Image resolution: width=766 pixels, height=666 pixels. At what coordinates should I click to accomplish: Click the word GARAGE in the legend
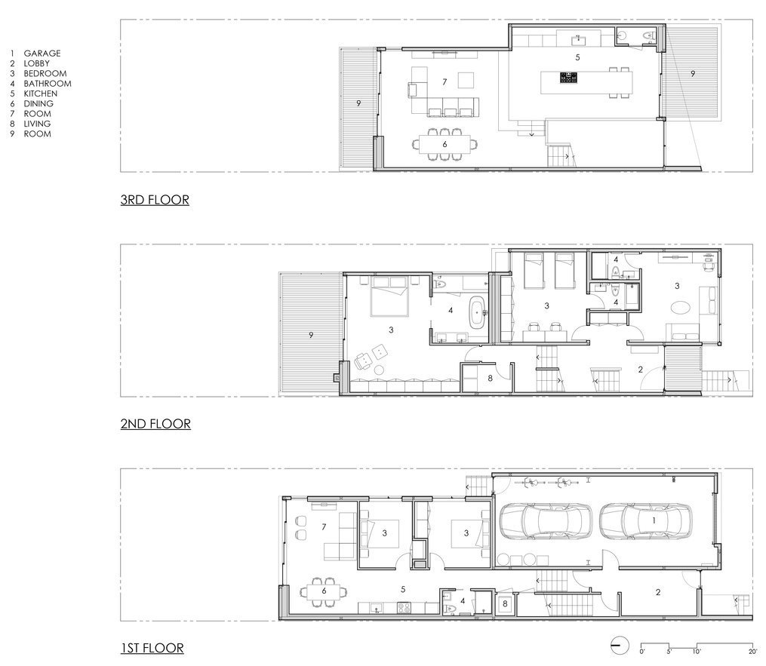click(42, 54)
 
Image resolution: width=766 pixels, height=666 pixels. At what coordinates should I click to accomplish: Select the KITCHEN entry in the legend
click(41, 94)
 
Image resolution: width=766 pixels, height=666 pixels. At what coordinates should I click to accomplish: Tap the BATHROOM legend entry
click(48, 84)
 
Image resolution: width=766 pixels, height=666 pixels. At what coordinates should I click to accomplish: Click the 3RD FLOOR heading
click(155, 200)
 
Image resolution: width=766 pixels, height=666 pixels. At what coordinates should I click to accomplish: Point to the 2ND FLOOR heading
click(155, 424)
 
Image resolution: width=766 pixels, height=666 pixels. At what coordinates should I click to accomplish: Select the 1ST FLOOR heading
click(152, 648)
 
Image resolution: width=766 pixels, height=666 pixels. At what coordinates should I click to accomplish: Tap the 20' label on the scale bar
click(753, 651)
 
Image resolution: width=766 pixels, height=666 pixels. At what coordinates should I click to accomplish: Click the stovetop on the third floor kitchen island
click(568, 77)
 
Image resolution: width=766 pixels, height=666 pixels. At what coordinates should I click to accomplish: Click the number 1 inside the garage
click(654, 521)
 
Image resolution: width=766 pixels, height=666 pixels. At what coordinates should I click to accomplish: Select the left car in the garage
click(545, 521)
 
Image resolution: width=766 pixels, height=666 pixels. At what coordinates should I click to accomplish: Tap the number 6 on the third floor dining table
click(445, 144)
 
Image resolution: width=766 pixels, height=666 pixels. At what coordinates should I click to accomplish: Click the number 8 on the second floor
click(490, 378)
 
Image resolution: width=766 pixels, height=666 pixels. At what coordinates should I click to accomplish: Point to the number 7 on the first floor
click(324, 527)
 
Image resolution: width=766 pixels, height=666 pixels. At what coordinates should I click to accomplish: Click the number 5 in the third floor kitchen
click(577, 57)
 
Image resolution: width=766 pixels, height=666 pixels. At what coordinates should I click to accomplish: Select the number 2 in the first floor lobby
click(658, 592)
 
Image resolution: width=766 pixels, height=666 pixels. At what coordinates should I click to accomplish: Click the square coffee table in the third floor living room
click(466, 80)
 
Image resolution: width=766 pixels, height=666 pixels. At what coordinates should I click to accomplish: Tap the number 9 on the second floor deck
click(311, 335)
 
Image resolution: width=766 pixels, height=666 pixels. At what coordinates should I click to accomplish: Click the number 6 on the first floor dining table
click(324, 591)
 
